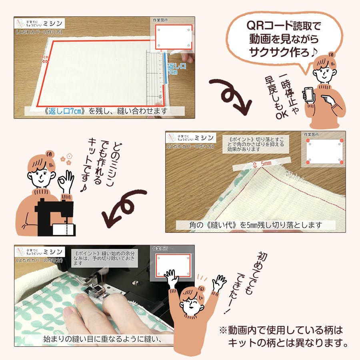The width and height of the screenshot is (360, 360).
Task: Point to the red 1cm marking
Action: pos(45,58)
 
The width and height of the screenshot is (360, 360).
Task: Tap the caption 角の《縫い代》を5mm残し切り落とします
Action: pos(255,225)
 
